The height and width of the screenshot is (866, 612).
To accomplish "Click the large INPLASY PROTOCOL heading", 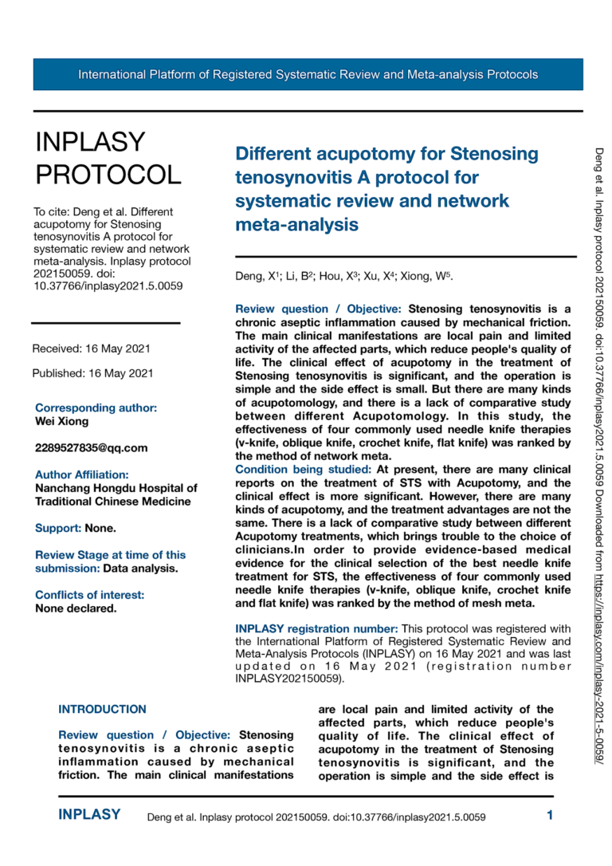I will [108, 157].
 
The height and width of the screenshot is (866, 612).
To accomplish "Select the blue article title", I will [386, 188].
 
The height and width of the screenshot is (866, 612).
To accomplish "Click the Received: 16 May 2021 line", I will [91, 348].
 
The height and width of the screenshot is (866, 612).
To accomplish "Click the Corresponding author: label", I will [96, 407].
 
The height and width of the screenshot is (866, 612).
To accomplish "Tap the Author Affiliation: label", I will [81, 474].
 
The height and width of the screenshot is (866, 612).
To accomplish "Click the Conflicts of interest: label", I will [89, 595].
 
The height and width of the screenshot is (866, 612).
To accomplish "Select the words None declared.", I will [76, 608].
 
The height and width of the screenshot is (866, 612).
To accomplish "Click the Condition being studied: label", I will [303, 470].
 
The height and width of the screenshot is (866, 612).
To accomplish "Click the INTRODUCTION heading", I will [103, 709].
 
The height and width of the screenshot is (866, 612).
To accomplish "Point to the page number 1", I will [550, 815].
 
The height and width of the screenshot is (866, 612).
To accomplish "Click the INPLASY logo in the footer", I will [89, 815].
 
